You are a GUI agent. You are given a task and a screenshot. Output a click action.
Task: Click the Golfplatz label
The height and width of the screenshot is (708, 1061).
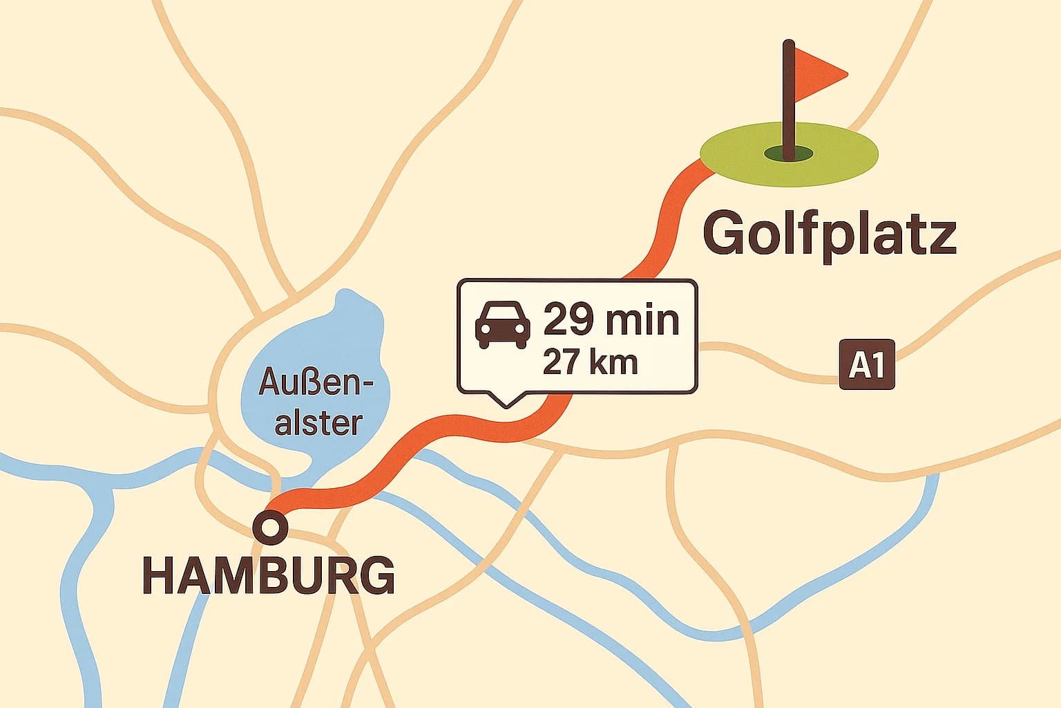829,235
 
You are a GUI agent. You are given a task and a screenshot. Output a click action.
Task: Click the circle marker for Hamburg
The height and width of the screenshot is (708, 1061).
270,528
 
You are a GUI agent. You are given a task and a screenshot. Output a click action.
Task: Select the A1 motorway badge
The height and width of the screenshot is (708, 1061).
866,364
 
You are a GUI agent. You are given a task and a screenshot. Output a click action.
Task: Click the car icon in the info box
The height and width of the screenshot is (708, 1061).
503,324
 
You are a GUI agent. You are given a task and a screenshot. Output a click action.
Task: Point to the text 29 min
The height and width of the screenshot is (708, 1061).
611,320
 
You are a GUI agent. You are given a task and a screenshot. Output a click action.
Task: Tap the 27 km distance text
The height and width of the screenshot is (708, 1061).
590,362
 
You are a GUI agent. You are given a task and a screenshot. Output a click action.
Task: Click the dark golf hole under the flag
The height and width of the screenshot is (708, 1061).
788,153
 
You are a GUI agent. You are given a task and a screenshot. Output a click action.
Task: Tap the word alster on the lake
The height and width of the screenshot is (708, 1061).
318,422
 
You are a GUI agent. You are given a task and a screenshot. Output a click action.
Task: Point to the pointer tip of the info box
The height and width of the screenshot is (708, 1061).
506,406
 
